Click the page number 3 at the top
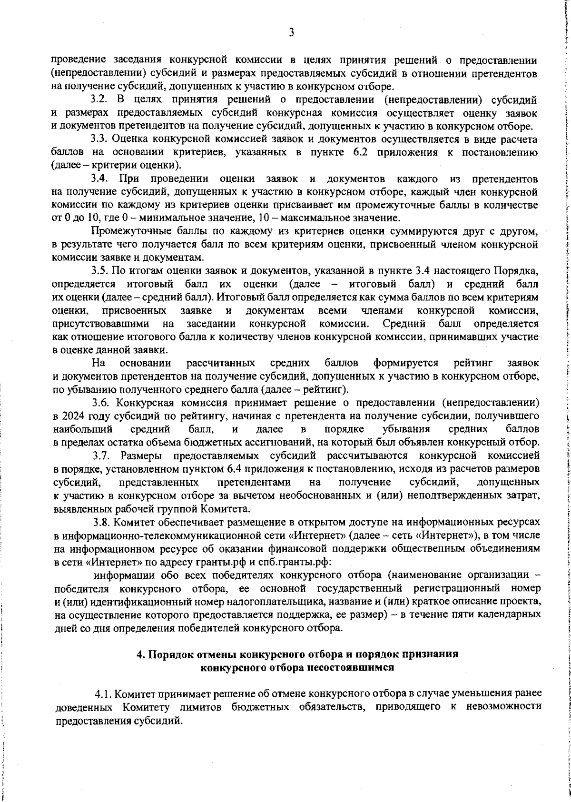pos(291,32)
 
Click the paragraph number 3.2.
pos(99,100)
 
